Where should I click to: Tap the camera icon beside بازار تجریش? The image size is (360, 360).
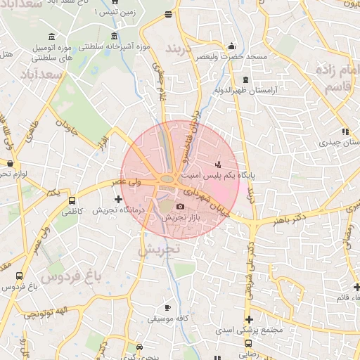tap(181, 207)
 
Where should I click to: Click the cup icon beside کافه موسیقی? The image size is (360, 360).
tap(167, 308)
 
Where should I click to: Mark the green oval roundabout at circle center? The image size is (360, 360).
tap(167, 179)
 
